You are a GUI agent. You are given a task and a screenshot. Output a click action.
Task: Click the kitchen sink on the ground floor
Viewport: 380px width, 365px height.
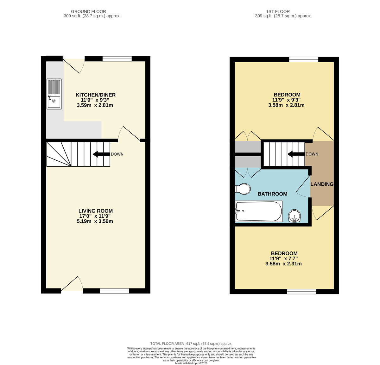click(54, 94)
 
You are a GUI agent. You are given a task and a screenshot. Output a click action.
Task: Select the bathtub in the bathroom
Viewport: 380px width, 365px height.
click(258, 211)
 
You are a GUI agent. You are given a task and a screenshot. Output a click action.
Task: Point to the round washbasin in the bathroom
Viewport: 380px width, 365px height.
click(294, 216)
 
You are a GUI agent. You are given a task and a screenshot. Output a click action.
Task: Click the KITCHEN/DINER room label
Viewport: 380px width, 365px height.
click(95, 95)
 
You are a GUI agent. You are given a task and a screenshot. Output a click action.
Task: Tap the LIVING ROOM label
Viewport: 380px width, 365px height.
click(95, 211)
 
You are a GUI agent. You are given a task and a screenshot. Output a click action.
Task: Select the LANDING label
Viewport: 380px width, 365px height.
click(322, 184)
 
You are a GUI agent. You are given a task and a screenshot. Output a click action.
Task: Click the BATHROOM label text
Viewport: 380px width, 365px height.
click(272, 194)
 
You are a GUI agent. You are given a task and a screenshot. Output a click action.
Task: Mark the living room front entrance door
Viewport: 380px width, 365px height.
click(72, 284)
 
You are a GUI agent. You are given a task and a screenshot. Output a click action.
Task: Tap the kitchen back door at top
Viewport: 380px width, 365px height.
click(74, 65)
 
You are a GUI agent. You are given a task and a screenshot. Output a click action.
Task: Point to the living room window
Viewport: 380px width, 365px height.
click(114, 291)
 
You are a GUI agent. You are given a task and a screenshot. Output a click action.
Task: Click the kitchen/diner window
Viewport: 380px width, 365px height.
click(117, 59)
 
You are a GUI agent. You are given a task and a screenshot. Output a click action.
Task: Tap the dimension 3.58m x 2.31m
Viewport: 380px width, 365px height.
click(283, 263)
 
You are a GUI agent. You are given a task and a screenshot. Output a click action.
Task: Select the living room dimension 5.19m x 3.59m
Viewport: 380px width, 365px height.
click(95, 221)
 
